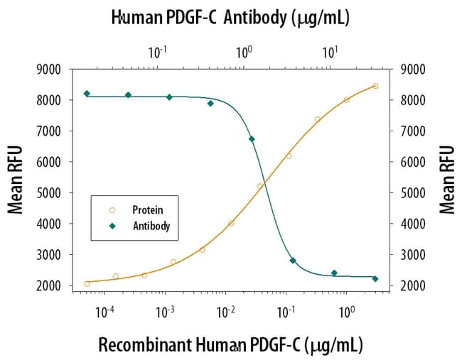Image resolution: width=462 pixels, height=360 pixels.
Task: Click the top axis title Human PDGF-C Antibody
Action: (x=230, y=18)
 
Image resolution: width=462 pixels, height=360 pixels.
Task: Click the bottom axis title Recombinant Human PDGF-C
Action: (x=230, y=345)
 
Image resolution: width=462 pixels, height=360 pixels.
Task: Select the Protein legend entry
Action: (x=147, y=210)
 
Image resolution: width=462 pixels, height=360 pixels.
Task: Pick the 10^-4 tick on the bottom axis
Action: (x=104, y=311)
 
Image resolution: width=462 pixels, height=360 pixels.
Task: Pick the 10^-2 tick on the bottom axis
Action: (x=225, y=311)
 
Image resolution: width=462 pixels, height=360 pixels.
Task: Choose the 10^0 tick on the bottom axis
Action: (x=346, y=311)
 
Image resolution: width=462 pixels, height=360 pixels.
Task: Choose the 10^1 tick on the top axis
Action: (x=329, y=50)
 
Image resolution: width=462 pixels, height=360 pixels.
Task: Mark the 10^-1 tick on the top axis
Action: (x=157, y=50)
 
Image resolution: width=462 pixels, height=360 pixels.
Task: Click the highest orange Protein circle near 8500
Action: (x=375, y=87)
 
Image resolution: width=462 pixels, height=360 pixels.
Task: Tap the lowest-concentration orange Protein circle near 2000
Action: (x=87, y=284)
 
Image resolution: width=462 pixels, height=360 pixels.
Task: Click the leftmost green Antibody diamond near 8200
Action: (x=87, y=94)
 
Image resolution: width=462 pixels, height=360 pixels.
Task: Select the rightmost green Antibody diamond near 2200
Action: (x=375, y=279)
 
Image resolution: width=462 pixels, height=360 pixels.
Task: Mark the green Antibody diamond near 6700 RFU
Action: (x=252, y=139)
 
